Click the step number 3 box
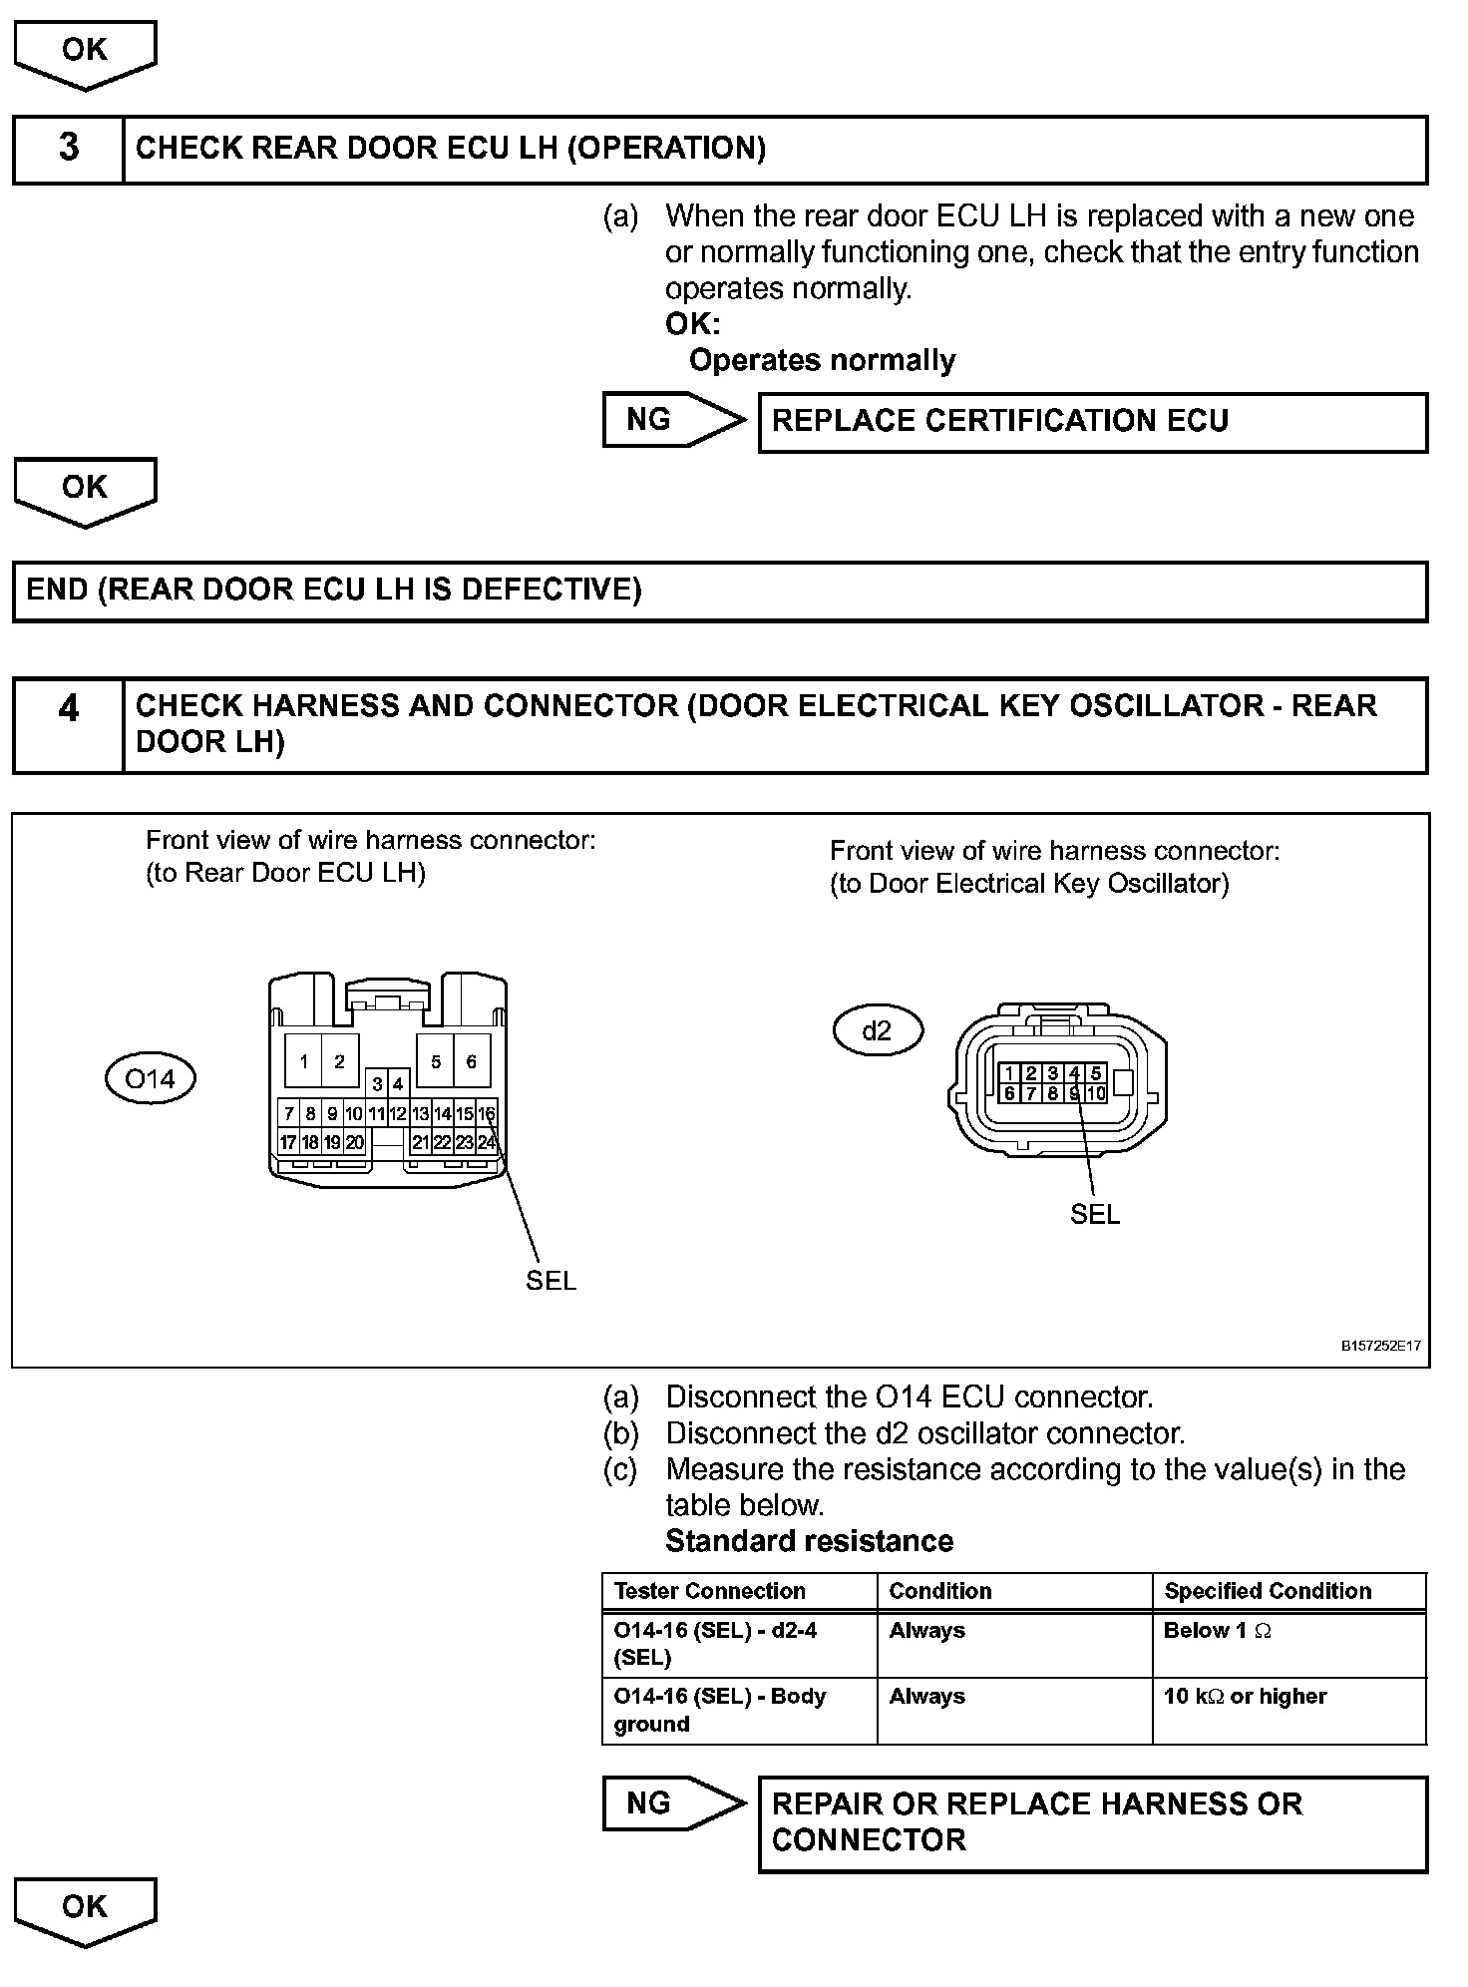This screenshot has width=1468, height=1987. (68, 149)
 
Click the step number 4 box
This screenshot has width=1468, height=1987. (68, 724)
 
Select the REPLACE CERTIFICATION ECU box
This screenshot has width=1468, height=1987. (1092, 422)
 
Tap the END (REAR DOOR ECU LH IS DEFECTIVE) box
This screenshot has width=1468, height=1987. (719, 591)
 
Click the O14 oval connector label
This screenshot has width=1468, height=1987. (150, 1078)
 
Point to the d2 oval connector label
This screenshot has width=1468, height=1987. (877, 1030)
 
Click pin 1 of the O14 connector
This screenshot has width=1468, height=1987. (303, 1061)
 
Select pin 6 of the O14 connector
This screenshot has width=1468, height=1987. (472, 1061)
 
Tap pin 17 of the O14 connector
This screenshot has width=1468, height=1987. (287, 1142)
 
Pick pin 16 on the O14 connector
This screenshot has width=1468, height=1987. (486, 1113)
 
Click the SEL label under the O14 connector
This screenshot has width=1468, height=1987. (550, 1281)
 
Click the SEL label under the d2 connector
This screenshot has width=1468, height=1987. (1094, 1214)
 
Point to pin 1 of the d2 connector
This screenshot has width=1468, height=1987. (1009, 1073)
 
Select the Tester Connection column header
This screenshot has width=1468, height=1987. (709, 1591)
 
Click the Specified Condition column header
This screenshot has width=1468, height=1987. (1268, 1591)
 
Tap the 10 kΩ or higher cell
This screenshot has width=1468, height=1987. (1245, 1697)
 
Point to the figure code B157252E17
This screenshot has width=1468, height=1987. (1380, 1346)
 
